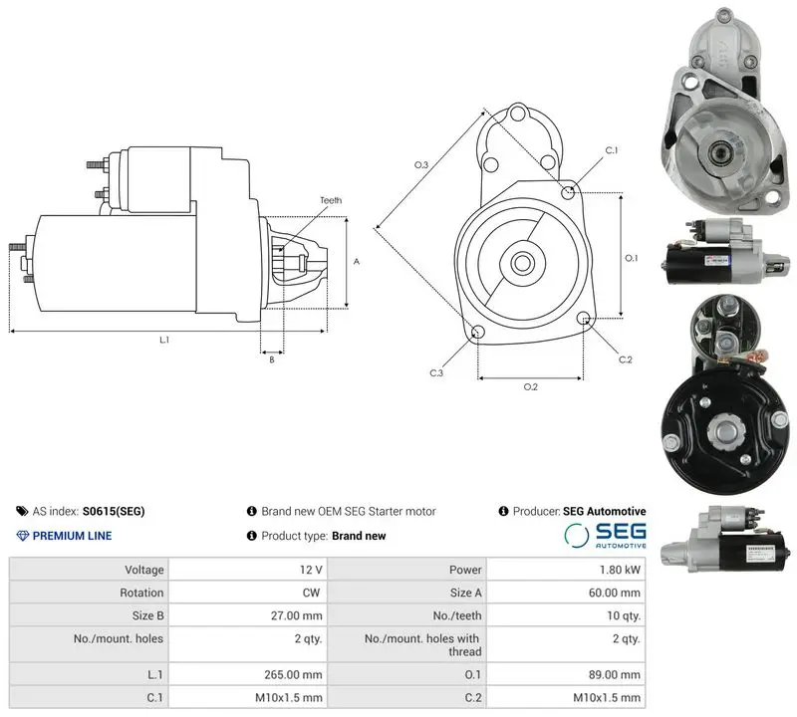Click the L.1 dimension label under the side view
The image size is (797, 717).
click(164, 340)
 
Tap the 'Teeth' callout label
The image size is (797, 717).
click(331, 200)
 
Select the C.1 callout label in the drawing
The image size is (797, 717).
click(612, 150)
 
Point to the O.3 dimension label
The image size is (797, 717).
click(421, 164)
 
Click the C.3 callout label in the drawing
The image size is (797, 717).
click(436, 373)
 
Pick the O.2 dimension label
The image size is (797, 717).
click(531, 387)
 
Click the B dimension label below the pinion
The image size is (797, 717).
click(272, 359)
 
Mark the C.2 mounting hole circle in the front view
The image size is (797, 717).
click(584, 319)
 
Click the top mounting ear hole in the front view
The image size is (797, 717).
click(518, 113)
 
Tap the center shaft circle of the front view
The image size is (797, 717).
click(522, 263)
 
